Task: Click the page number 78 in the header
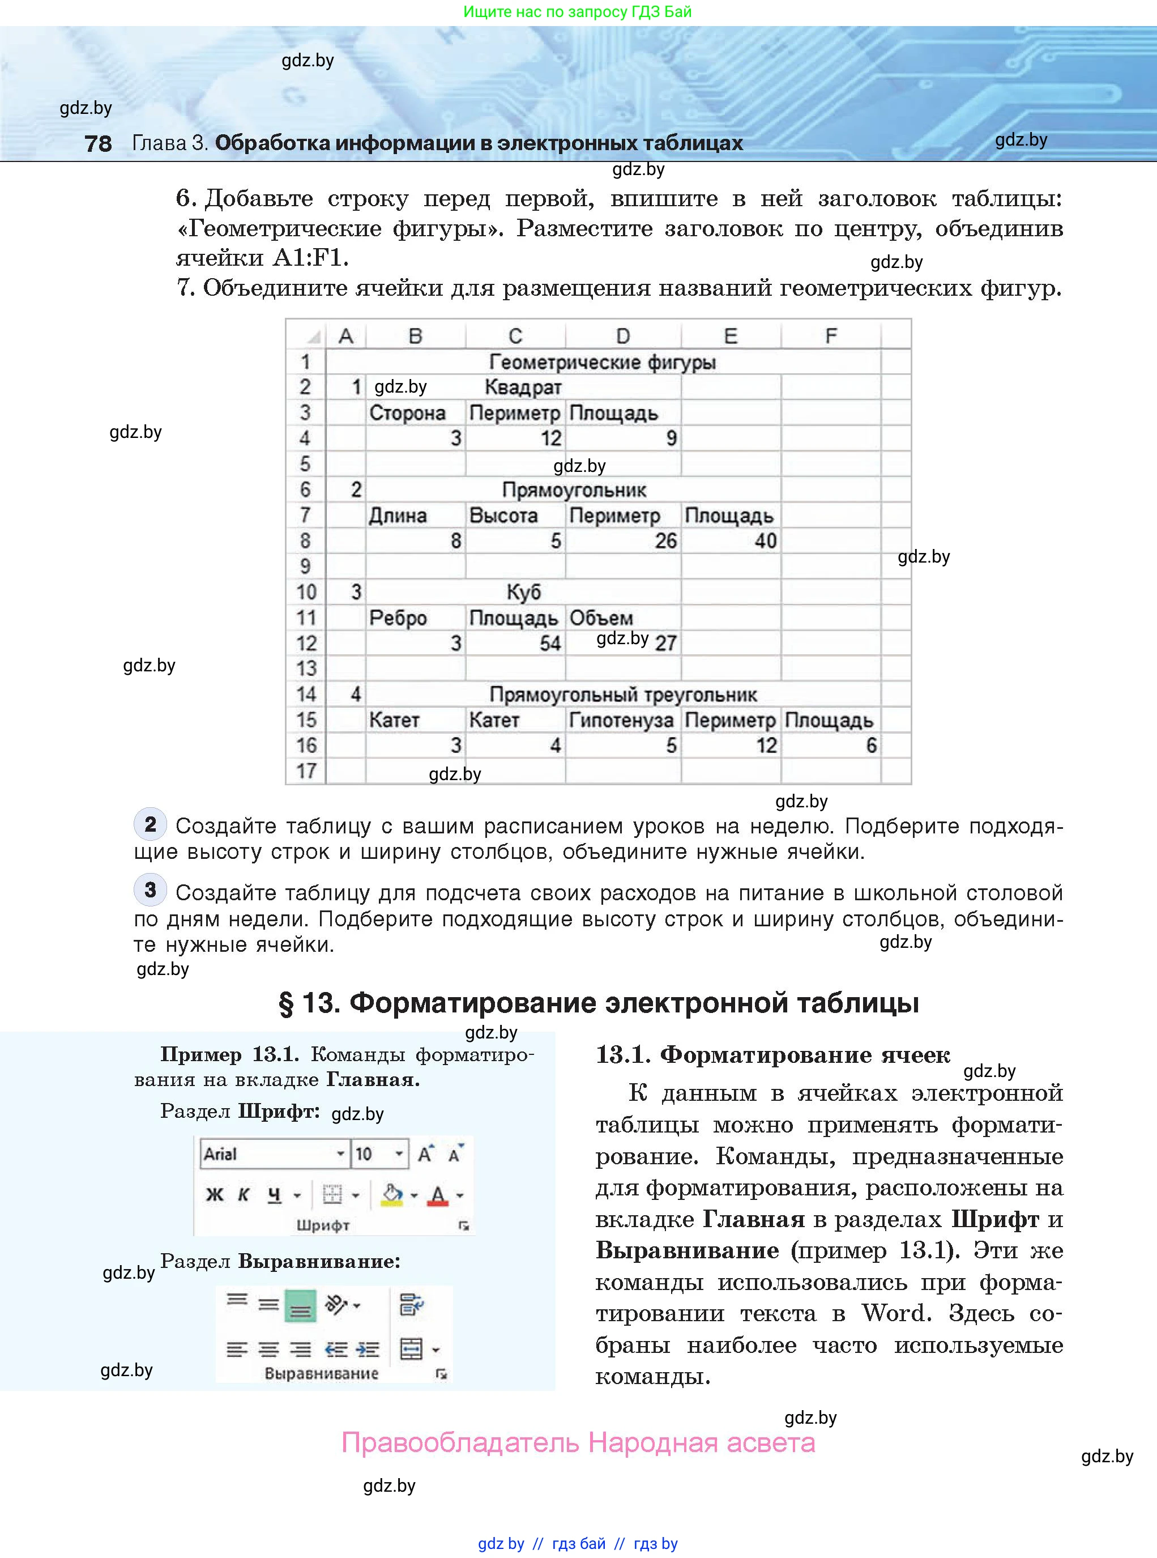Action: click(98, 143)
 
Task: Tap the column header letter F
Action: click(831, 337)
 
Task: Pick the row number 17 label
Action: click(306, 771)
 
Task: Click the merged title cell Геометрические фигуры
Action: click(603, 362)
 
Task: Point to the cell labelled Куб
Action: click(523, 592)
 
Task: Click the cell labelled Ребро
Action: click(398, 618)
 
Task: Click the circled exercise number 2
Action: click(150, 824)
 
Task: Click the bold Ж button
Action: click(214, 1195)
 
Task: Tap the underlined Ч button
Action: click(275, 1195)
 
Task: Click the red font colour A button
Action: click(438, 1195)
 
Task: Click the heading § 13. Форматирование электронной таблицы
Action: click(599, 1002)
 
